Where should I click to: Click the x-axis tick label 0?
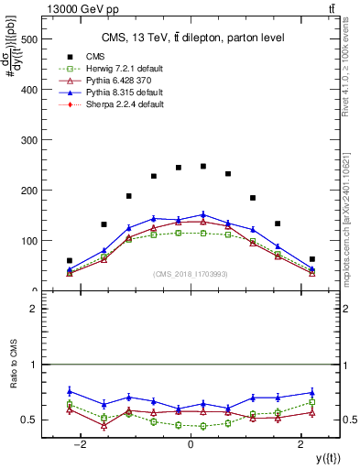tap(191, 444)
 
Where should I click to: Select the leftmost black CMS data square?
tap(70, 261)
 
